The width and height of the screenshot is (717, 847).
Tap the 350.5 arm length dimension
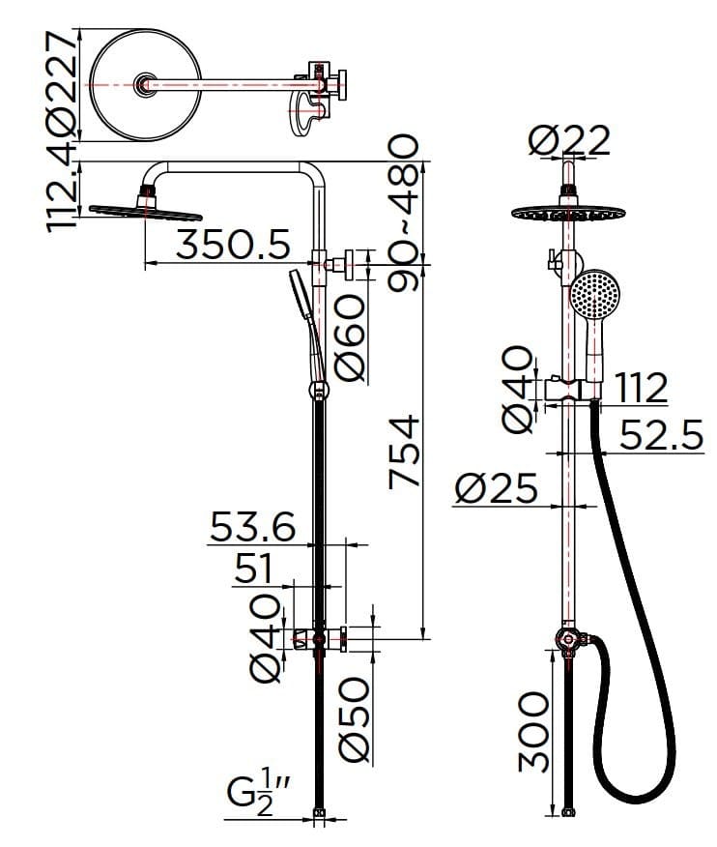point(233,246)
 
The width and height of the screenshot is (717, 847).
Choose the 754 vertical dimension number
point(407,451)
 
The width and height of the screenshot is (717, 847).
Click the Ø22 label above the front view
point(570,142)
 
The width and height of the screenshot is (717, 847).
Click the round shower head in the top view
point(145,85)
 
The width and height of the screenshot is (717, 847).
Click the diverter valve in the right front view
point(568,639)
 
